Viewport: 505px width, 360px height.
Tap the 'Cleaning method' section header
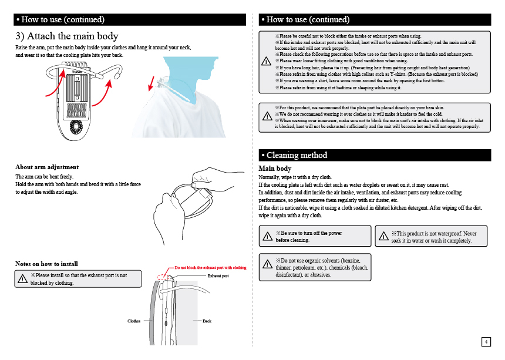(297, 155)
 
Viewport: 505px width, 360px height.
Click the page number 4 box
(486, 342)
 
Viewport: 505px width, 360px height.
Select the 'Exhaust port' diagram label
(218, 275)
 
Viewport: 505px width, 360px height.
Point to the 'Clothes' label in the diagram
(134, 321)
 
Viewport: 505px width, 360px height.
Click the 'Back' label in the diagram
(207, 321)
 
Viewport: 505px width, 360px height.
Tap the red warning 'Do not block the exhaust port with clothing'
(210, 268)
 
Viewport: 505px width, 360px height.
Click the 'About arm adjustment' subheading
(46, 167)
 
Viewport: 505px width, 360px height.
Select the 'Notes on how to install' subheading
(46, 264)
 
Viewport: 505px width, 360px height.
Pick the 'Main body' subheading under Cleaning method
(275, 169)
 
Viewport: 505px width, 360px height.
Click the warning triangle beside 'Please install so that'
(22, 280)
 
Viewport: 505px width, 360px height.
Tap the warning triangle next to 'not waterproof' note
(383, 237)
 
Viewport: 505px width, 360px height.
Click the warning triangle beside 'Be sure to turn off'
(267, 237)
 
